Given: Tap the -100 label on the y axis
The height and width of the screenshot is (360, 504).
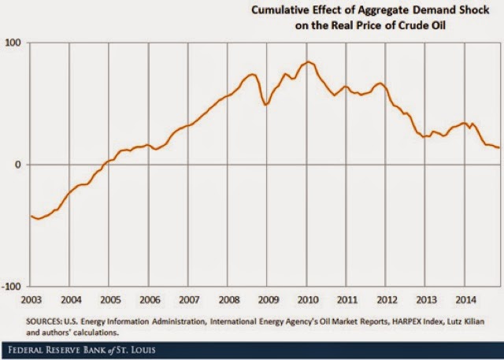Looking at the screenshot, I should point(13,286).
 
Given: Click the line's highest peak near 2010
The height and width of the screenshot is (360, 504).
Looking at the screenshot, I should point(308,61).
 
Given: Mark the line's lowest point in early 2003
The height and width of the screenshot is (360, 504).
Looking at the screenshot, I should point(38,219).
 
